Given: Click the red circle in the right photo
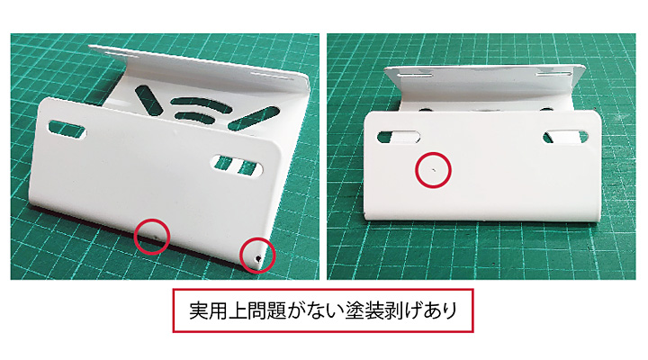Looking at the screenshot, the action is (x=433, y=153).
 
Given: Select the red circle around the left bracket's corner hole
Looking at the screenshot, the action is (x=257, y=238).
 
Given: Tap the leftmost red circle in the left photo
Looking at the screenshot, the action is (x=152, y=220).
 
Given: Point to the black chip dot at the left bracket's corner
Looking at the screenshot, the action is (x=258, y=258).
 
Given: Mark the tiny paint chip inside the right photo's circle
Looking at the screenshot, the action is (x=433, y=169).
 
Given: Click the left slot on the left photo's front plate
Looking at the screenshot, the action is (x=67, y=130).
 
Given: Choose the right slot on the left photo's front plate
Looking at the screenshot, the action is (x=237, y=166).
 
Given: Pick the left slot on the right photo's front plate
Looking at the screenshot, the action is (x=399, y=137).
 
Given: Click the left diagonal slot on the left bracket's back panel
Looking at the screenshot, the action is (x=147, y=100).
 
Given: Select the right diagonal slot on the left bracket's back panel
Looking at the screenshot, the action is (x=253, y=118).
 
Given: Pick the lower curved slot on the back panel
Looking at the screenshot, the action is (x=195, y=117).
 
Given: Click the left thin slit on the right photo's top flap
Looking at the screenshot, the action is (x=415, y=76).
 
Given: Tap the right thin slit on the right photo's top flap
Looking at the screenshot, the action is (x=553, y=74).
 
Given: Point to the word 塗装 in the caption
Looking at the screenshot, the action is (x=364, y=310).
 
